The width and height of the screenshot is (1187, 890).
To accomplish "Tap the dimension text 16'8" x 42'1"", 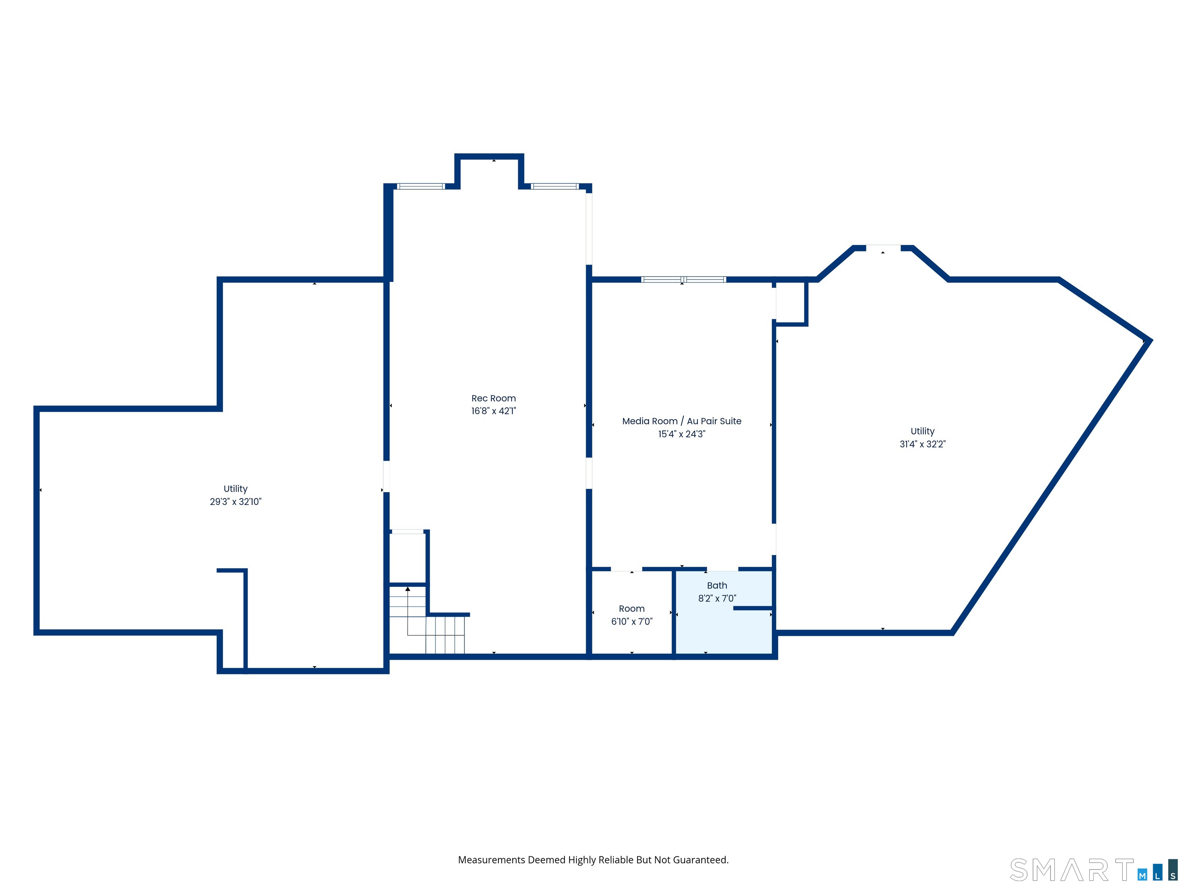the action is coord(494,411).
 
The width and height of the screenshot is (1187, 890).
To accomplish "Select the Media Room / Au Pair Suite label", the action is coord(682,421).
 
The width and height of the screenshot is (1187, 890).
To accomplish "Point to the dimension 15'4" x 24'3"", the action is coord(682,434).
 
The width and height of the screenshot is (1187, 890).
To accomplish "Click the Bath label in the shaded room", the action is coord(717,585).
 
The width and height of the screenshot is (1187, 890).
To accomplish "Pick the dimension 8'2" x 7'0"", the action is coord(717,598).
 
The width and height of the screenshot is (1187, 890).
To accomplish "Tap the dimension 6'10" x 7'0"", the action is coord(632,621).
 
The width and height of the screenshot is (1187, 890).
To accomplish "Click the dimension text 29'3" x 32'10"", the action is coord(236,502).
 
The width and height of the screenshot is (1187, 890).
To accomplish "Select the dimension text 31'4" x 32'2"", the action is coord(922,444).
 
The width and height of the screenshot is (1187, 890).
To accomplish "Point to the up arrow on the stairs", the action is coord(408,589).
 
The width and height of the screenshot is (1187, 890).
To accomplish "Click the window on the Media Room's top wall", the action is coord(684,280).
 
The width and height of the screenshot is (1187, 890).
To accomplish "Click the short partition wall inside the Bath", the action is coord(753,608).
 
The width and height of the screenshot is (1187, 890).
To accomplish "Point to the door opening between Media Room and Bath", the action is coord(722,569).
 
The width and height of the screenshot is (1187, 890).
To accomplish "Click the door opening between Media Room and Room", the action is coord(626,569).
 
